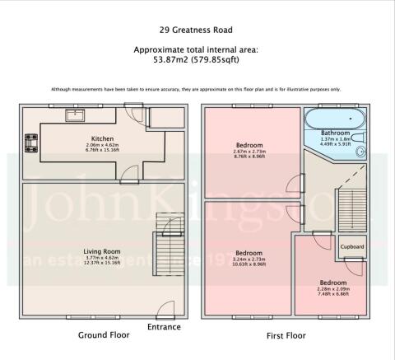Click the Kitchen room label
point(102,139)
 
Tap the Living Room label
point(102,251)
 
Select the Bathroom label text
point(335,133)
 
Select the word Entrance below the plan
point(163,328)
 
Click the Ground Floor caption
point(104,335)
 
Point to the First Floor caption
point(286,335)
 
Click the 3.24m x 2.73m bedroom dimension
point(249,259)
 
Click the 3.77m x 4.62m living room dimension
point(102,258)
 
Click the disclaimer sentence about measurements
point(197,89)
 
